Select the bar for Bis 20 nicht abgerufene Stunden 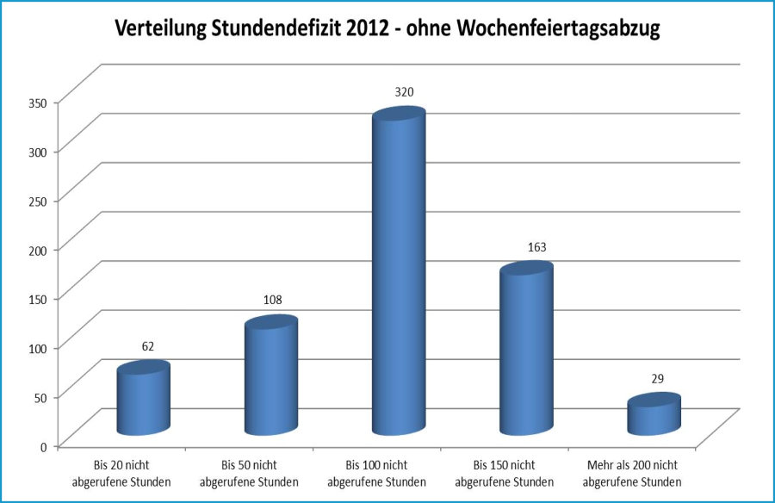click(143, 401)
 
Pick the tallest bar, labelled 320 click(398, 276)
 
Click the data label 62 click(148, 346)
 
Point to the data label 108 click(272, 300)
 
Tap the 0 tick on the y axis click(45, 445)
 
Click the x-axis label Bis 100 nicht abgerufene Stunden click(377, 473)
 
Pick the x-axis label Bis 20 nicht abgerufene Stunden click(121, 473)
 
